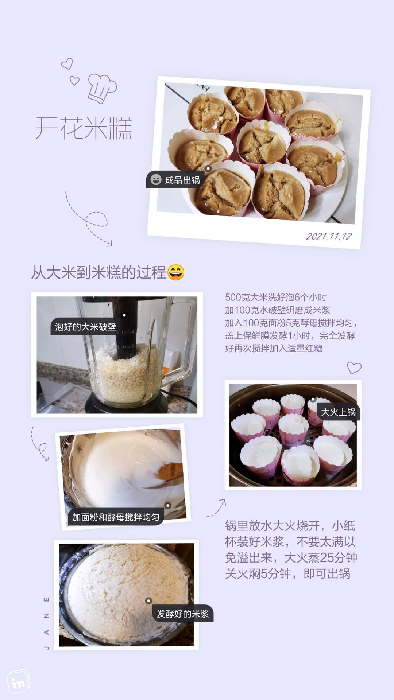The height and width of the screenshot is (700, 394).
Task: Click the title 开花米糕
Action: [x=84, y=128]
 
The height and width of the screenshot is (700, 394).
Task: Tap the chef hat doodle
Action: [x=102, y=88]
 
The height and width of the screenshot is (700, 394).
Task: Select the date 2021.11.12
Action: [x=329, y=236]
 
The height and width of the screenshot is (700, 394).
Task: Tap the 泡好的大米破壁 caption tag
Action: [x=85, y=327]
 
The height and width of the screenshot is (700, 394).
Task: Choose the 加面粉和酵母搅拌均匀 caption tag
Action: [x=116, y=517]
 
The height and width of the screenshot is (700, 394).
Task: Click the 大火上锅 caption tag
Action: [x=338, y=412]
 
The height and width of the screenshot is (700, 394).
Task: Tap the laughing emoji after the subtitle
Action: [x=176, y=272]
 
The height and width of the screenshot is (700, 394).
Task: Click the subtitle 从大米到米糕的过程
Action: [x=98, y=272]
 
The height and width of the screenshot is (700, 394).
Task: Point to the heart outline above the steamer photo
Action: [x=354, y=367]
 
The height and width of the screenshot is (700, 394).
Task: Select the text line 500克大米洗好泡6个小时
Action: [x=275, y=297]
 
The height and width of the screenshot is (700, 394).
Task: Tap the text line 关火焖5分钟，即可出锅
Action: [x=287, y=574]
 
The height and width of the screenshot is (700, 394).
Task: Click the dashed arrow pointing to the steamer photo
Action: [x=217, y=508]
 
